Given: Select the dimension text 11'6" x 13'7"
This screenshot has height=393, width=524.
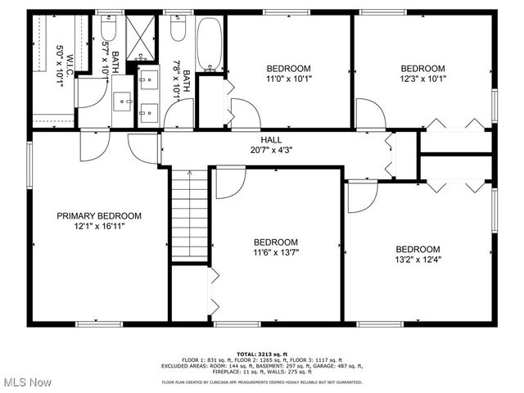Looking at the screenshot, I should (275, 253).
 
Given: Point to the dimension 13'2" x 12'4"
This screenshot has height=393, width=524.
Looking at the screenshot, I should (418, 260).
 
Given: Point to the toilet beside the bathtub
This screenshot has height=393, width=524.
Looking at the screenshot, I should (178, 31).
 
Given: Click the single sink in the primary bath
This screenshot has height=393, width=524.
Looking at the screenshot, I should (125, 102).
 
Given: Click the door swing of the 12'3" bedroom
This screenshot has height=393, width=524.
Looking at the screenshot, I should (370, 114).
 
